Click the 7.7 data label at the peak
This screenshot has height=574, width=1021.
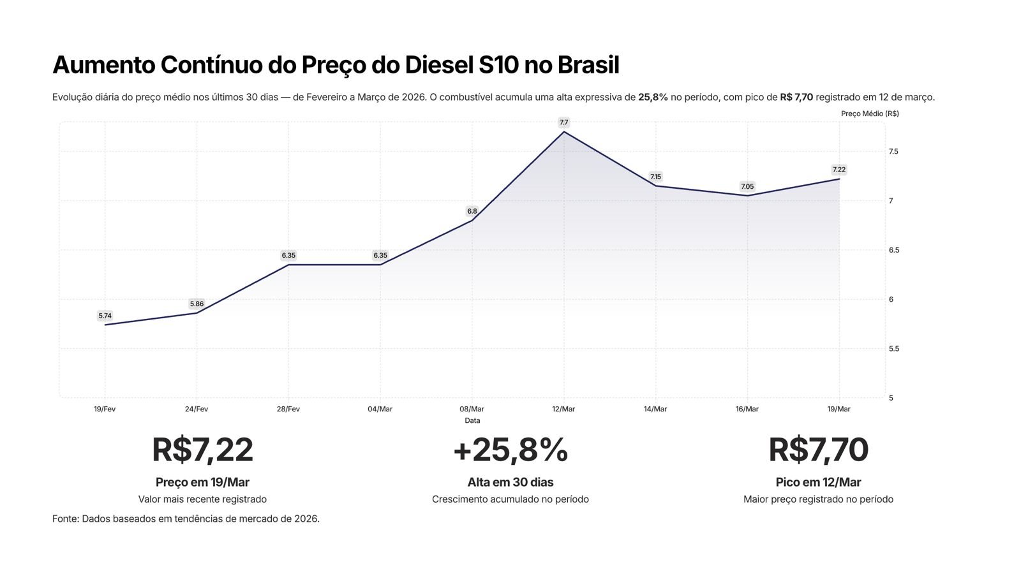coord(563,122)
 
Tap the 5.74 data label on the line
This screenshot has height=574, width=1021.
coord(105,316)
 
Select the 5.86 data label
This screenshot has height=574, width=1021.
coord(197,304)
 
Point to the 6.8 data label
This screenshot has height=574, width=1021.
coord(472,211)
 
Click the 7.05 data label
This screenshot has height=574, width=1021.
coord(747,186)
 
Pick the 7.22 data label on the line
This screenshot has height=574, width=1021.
coord(838,170)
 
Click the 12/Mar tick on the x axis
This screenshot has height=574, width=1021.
coord(563,409)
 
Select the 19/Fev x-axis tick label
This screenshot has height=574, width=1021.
coord(105,409)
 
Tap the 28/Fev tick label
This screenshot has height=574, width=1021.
coord(288,409)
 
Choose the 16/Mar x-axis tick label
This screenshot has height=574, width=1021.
coord(747,409)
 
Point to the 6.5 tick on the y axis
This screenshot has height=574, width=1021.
coord(894,250)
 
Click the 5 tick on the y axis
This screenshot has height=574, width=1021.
coord(891,398)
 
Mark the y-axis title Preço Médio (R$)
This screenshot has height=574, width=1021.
coord(870,114)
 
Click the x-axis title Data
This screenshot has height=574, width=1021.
coord(472,420)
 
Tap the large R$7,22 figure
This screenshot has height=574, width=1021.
coord(202,450)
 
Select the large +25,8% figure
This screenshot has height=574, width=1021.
coord(510,450)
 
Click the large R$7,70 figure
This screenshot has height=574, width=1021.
coord(818,450)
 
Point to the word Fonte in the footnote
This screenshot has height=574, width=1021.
coord(65,519)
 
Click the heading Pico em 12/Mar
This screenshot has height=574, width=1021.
coord(818,482)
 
